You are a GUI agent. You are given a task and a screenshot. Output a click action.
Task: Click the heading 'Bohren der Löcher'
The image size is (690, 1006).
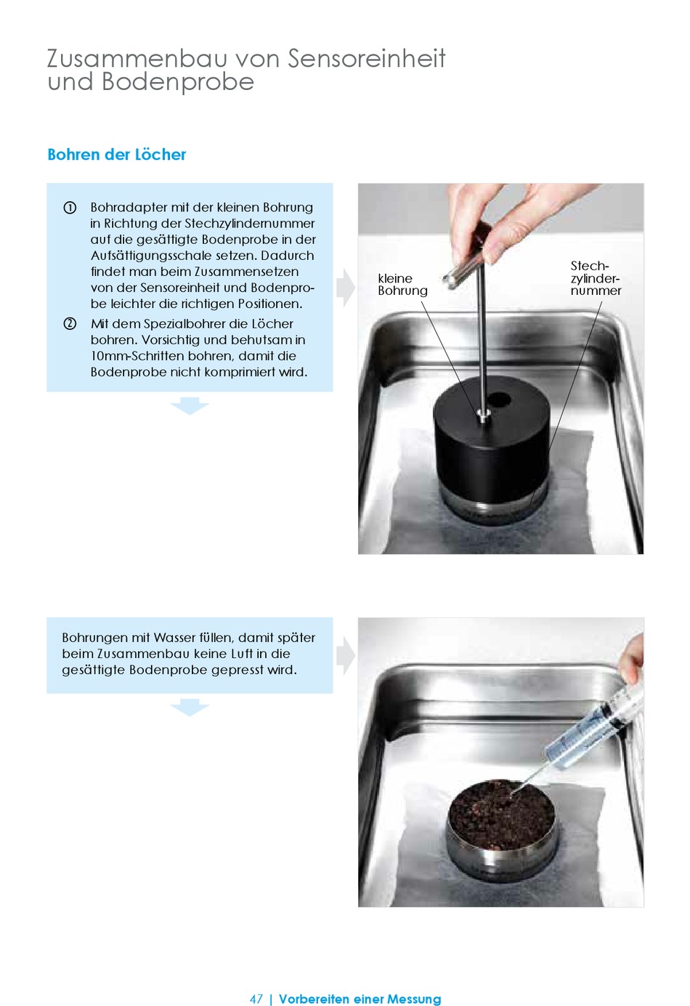[x=117, y=155]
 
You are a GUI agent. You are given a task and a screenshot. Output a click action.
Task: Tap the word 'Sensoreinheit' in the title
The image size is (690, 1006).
[x=367, y=58]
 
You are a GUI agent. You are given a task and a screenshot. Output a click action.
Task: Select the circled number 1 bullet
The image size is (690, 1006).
[x=70, y=208]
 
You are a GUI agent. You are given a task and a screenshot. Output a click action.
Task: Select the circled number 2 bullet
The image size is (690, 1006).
[x=70, y=323]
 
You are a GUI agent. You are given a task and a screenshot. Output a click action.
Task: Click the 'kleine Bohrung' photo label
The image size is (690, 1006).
[x=402, y=284]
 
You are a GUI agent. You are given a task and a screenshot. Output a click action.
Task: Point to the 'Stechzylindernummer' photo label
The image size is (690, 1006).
[x=596, y=278]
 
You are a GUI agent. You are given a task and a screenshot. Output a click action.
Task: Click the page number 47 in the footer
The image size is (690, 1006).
[x=256, y=999]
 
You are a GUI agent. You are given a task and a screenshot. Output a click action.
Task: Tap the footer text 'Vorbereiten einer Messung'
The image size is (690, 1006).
[x=360, y=999]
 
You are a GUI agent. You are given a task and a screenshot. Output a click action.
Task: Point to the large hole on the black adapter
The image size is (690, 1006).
[x=499, y=398]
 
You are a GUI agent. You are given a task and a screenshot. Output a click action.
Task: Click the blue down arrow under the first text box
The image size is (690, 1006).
[x=189, y=405]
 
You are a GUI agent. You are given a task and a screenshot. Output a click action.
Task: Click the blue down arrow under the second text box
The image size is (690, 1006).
[x=189, y=707]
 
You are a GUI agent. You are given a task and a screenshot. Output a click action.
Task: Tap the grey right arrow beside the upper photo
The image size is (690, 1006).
[x=346, y=288]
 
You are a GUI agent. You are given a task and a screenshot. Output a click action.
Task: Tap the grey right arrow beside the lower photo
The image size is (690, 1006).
[x=346, y=656]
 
